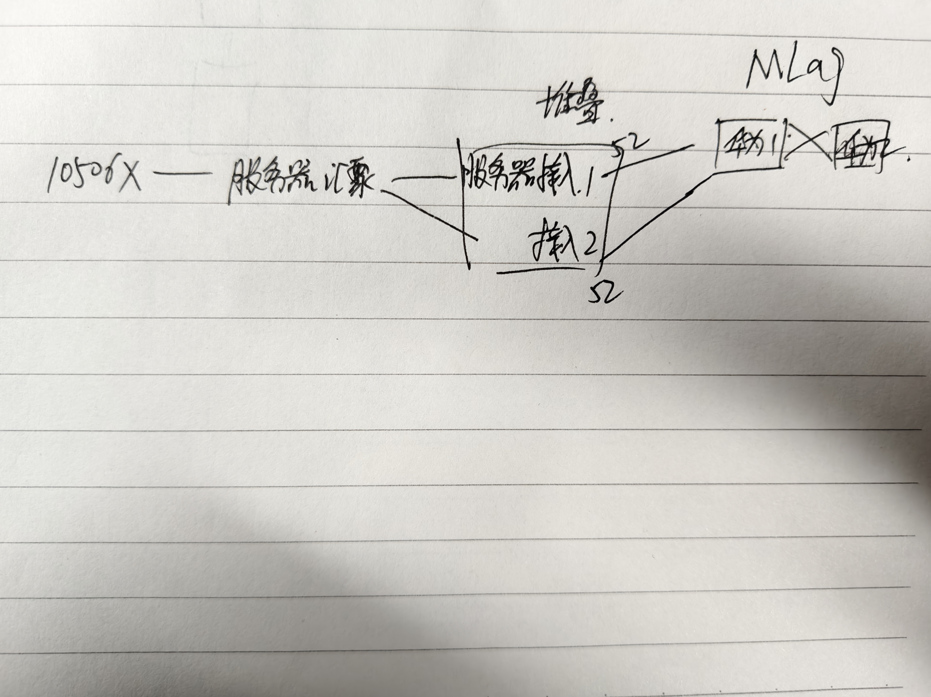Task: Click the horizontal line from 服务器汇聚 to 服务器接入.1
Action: (425, 179)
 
